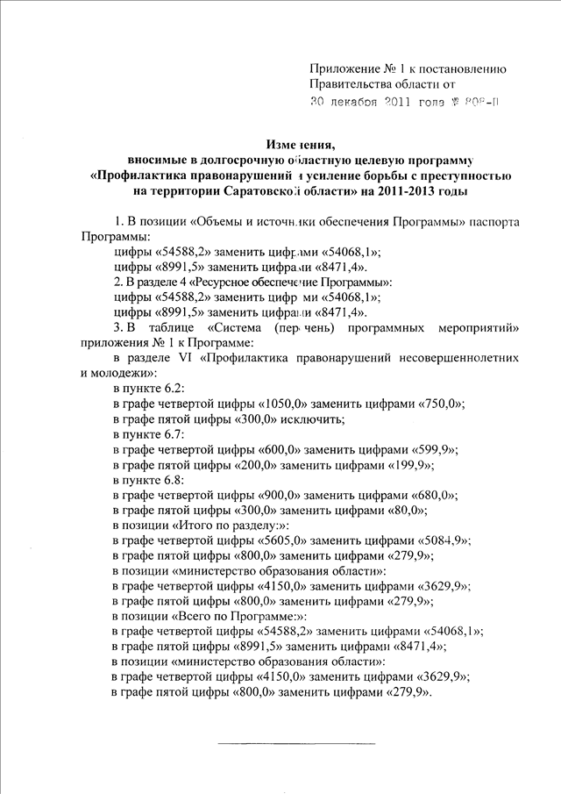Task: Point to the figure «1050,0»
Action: [x=286, y=404]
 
